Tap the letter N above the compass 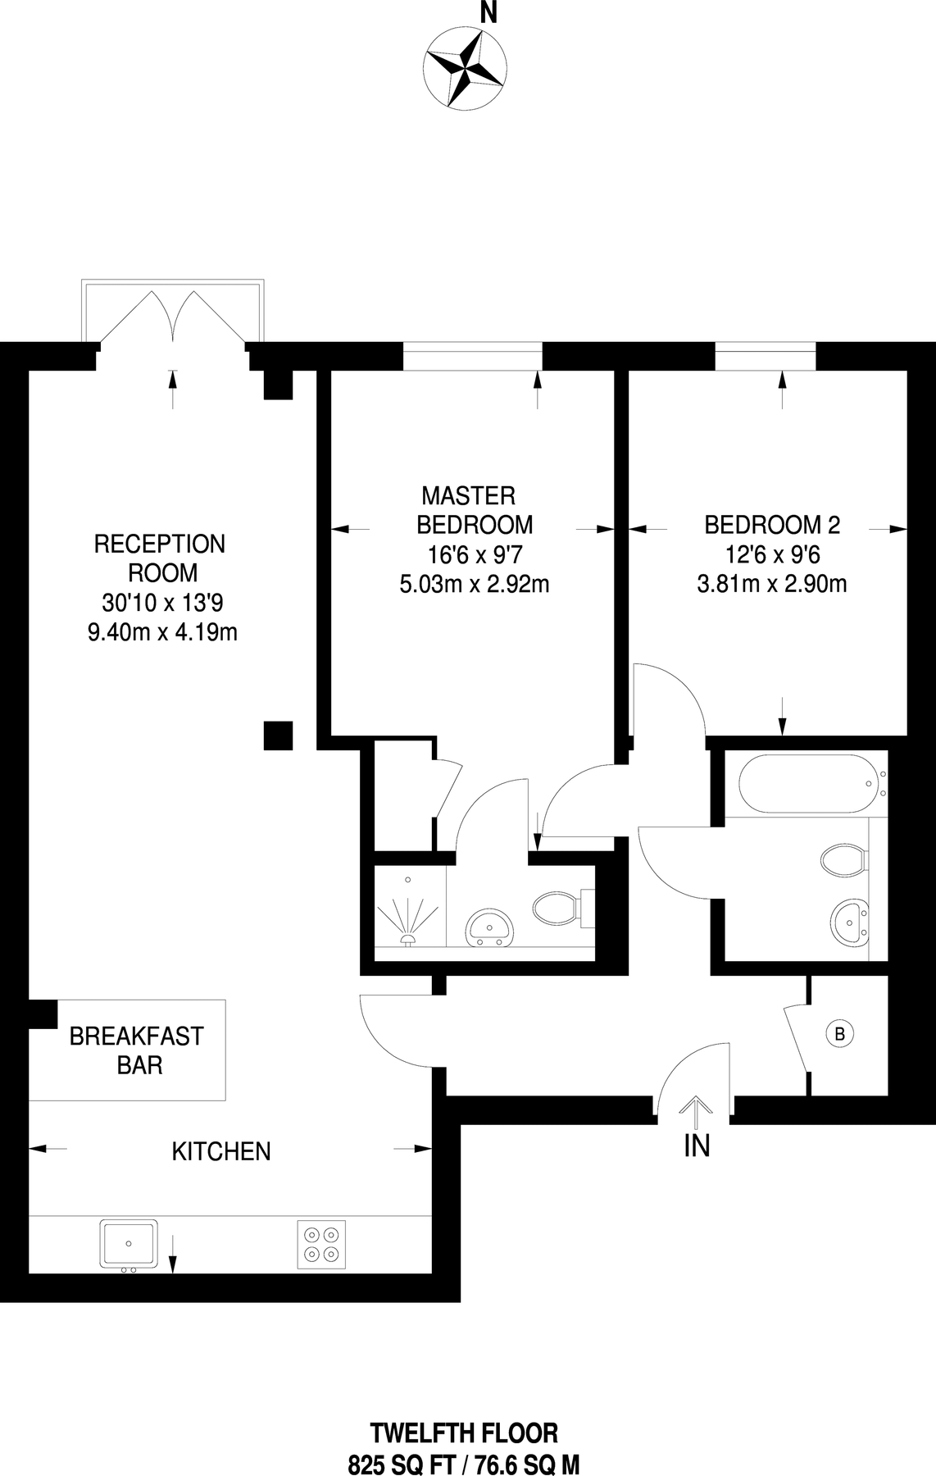488,13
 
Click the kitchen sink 129,1243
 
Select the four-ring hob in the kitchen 320,1244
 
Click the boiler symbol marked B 838,1034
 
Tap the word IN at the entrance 697,1146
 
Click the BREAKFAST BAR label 136,1050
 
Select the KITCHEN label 221,1151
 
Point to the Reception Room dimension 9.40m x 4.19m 162,632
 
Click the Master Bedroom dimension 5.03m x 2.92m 474,584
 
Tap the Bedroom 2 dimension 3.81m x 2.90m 772,584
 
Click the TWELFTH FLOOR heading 464,1433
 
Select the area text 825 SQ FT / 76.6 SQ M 464,1464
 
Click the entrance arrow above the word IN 696,1111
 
